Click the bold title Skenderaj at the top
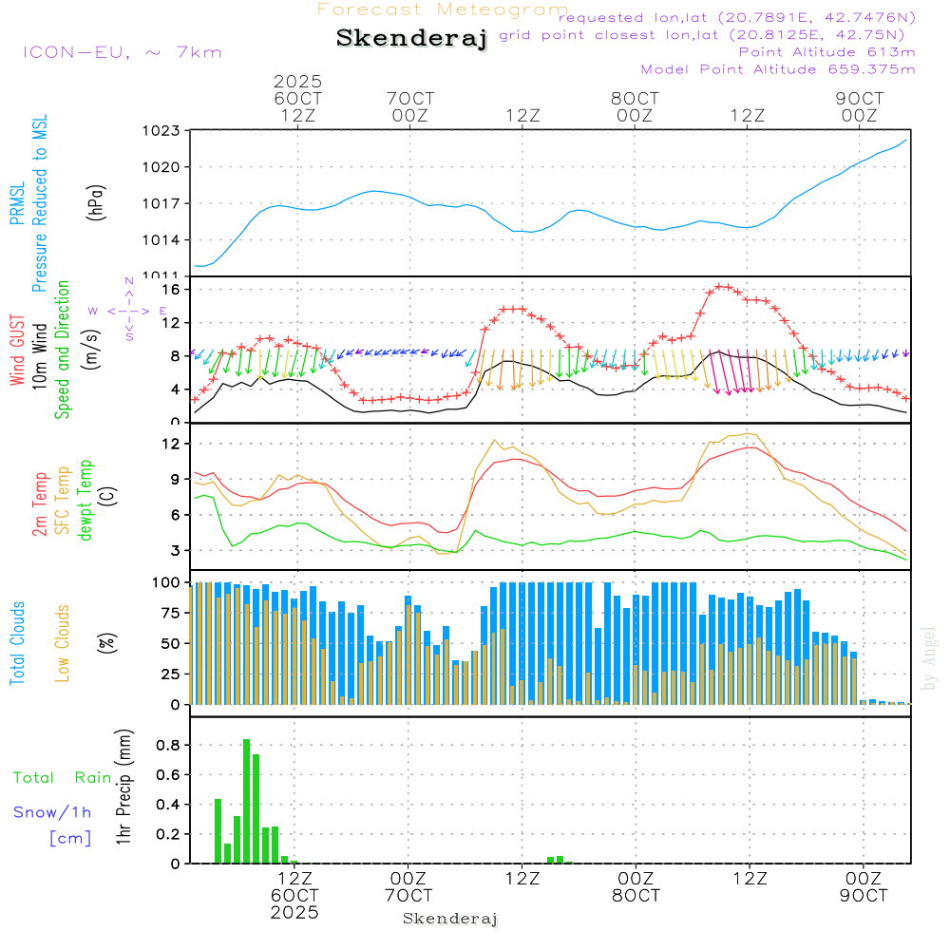click(x=411, y=39)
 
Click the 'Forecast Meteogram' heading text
click(x=443, y=9)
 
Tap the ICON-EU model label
click(x=122, y=51)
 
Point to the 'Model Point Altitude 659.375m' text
click(x=778, y=69)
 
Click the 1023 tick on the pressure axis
click(x=161, y=131)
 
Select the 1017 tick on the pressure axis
click(x=161, y=203)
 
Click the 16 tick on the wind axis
click(x=170, y=289)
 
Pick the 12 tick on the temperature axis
click(x=170, y=444)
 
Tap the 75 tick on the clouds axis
click(x=167, y=613)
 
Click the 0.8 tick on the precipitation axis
click(x=167, y=745)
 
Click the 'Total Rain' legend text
click(x=63, y=777)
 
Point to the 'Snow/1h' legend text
click(x=53, y=812)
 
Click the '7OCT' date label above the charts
click(x=410, y=99)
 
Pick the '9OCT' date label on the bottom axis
click(x=864, y=896)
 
